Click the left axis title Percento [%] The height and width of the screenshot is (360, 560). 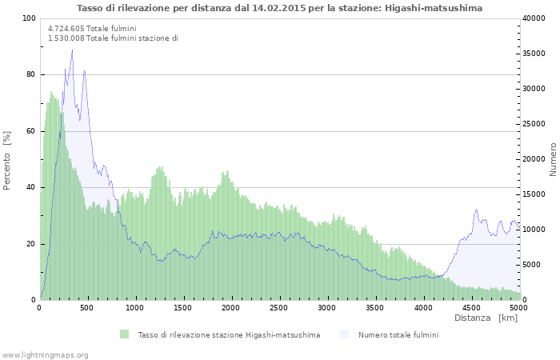[x=7, y=160]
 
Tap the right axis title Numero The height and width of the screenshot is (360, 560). [x=553, y=159]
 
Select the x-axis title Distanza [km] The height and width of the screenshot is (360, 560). [x=486, y=318]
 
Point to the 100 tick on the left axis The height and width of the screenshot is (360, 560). [x=29, y=18]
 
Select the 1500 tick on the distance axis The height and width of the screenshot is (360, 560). [x=183, y=308]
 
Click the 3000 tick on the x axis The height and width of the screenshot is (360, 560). [x=327, y=308]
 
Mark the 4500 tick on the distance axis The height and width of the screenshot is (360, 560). [x=470, y=308]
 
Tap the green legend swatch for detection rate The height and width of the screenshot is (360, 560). [x=124, y=334]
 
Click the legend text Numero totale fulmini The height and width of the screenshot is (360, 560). [x=398, y=334]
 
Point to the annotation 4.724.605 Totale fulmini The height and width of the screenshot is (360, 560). [x=92, y=28]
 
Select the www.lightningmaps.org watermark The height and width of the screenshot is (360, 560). [x=45, y=354]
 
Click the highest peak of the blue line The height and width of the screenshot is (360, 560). [x=72, y=50]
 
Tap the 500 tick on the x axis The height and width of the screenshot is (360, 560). [x=87, y=308]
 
